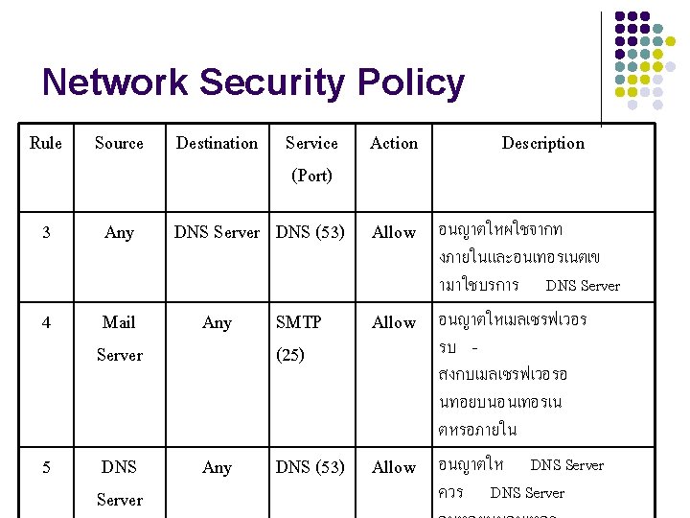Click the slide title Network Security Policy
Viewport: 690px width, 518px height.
click(253, 83)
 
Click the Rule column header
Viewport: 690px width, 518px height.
click(46, 143)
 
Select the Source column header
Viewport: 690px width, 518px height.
click(119, 143)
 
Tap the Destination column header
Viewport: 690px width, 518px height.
click(217, 143)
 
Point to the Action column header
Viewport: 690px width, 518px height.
click(394, 143)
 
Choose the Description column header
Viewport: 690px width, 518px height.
click(542, 143)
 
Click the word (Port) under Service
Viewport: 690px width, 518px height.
click(311, 176)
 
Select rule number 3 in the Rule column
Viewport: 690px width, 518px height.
click(46, 232)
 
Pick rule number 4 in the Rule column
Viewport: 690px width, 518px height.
click(46, 322)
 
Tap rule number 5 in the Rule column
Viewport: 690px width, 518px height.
click(46, 467)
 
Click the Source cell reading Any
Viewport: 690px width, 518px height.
click(119, 232)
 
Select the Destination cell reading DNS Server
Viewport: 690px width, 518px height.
click(217, 232)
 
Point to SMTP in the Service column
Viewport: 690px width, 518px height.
click(298, 322)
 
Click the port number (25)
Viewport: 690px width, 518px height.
click(290, 355)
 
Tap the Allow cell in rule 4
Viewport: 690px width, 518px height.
click(394, 322)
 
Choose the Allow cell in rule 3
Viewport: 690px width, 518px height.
click(394, 232)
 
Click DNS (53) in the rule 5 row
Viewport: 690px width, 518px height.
click(310, 467)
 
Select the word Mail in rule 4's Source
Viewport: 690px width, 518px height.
click(119, 322)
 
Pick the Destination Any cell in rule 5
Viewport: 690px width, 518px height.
click(217, 467)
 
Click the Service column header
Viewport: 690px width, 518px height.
click(311, 143)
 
